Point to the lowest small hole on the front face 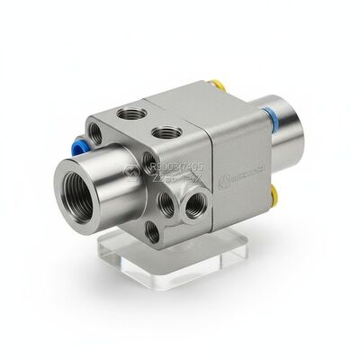click(x=155, y=232)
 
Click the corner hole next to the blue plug click(x=102, y=140)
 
